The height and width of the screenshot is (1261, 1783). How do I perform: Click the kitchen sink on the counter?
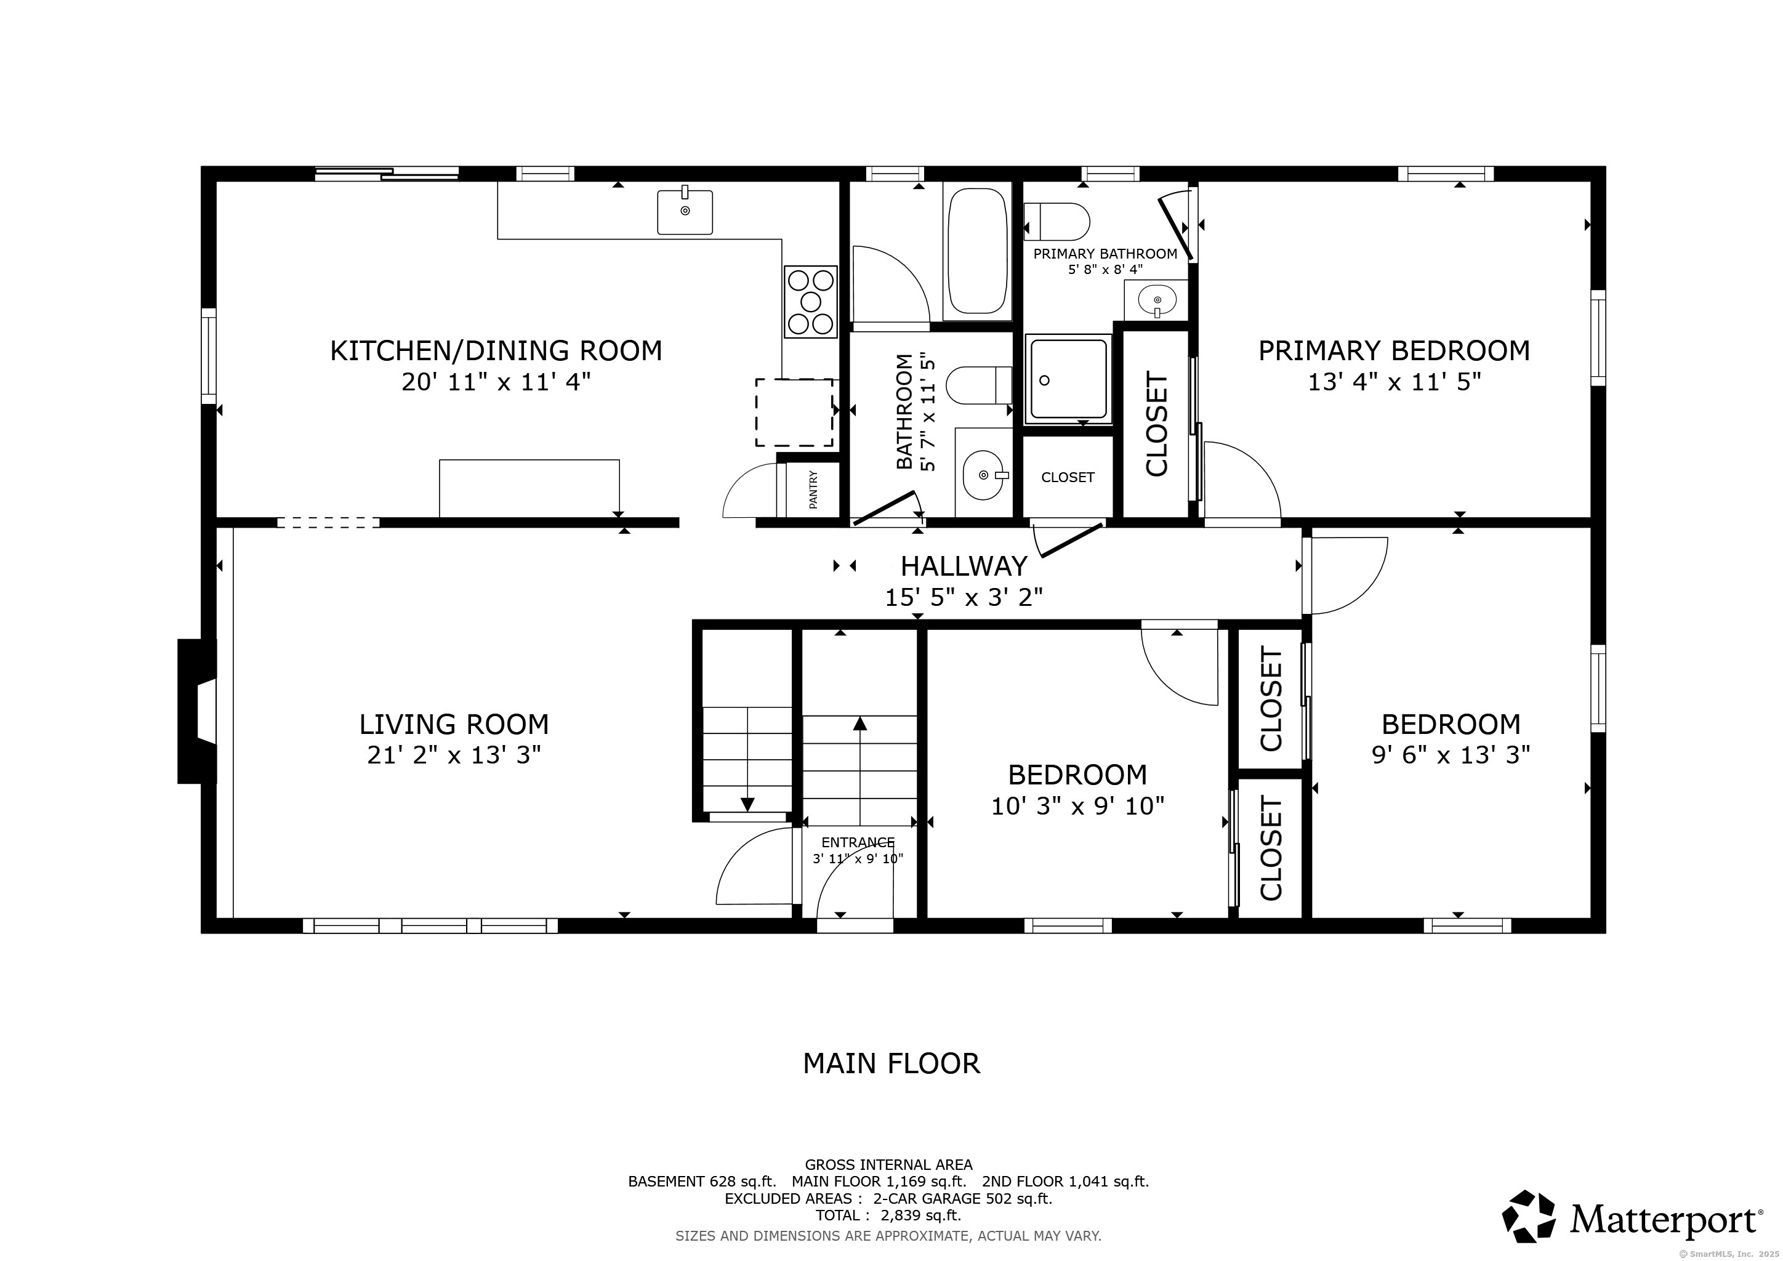click(x=684, y=211)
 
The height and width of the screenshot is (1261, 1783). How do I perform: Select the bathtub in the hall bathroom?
click(x=977, y=251)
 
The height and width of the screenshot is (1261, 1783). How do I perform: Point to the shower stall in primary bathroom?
click(x=1067, y=379)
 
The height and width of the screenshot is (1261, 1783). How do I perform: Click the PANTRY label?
click(x=813, y=489)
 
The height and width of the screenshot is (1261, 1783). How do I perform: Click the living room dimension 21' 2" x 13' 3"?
click(x=454, y=755)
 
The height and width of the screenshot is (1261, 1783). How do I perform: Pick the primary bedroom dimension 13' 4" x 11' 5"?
click(x=1394, y=382)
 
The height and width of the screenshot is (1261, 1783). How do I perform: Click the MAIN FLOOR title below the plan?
click(x=891, y=1063)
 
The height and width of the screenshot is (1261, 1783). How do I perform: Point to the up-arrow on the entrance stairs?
click(x=859, y=725)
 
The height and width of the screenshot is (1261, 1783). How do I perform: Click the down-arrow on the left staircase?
click(x=747, y=804)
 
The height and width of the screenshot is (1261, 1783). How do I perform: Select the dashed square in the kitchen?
click(x=794, y=413)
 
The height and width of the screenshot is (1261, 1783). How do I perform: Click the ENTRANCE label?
click(x=858, y=842)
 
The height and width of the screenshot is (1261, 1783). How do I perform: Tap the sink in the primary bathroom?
click(x=1157, y=300)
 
